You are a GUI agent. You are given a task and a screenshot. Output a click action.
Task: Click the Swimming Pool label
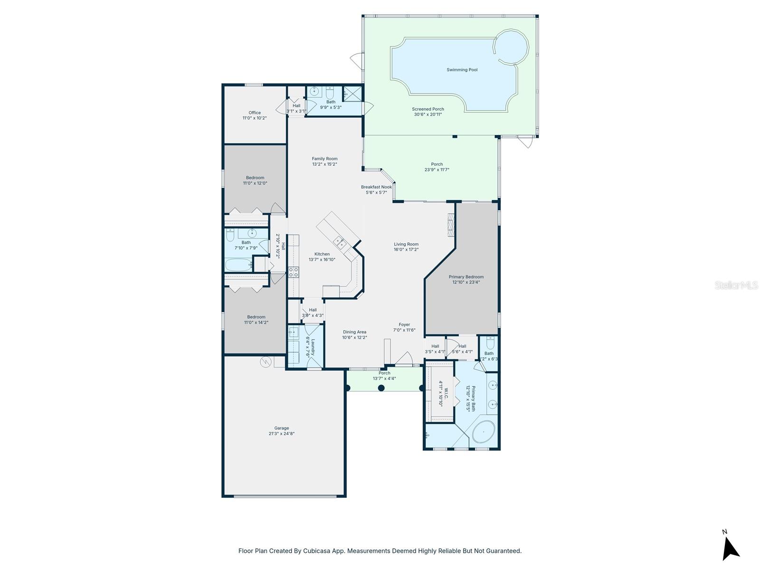pos(462,70)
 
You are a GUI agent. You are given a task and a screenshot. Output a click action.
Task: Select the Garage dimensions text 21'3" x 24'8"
pos(281,434)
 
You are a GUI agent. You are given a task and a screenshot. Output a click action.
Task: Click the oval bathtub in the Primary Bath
pos(484,432)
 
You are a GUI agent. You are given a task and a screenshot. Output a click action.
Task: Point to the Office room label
pos(255,113)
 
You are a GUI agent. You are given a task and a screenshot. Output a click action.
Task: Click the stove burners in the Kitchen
pos(294,272)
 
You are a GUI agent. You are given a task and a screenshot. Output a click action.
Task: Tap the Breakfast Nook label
pos(376,187)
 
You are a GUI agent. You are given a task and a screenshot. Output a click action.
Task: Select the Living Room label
pos(406,244)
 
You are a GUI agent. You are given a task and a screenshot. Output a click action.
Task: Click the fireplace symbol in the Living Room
pos(451,224)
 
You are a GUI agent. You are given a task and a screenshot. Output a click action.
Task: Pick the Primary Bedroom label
pos(466,277)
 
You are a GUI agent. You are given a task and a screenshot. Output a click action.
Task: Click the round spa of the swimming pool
pos(511,47)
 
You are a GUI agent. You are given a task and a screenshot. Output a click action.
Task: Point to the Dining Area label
pos(354,332)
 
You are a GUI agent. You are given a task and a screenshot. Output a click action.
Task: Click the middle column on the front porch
pos(381,388)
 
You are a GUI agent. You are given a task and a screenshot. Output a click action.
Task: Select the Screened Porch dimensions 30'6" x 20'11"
pos(427,114)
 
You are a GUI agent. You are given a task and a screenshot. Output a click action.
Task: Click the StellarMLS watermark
pos(736,285)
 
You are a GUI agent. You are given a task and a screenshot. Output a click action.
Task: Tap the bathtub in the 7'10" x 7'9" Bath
pos(238,265)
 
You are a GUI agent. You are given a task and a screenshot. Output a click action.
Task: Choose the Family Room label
pos(324,159)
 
